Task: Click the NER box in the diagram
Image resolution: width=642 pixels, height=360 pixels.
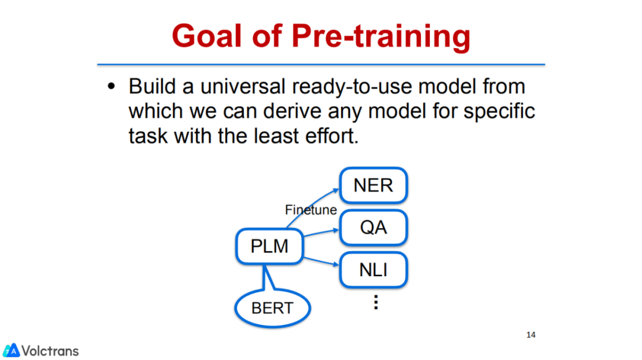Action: (373, 185)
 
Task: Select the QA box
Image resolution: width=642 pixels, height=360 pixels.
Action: (373, 228)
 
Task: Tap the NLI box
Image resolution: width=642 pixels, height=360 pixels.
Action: (373, 270)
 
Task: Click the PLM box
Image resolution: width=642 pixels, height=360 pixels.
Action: (269, 247)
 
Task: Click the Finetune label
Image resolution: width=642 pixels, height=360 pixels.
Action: (311, 210)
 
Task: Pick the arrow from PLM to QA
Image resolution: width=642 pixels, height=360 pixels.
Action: (322, 233)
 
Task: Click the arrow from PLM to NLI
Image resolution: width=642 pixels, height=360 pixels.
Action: (322, 261)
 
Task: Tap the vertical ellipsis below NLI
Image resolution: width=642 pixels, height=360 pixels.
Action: (376, 302)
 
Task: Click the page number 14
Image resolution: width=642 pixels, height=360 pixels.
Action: (531, 334)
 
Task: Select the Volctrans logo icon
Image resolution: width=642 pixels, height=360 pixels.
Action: (11, 350)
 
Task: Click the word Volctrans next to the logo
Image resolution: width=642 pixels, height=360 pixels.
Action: (50, 351)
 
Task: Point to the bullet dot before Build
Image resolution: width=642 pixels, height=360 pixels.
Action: (111, 86)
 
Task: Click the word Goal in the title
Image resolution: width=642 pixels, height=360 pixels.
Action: (207, 36)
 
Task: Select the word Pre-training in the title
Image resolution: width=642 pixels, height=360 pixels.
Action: (381, 37)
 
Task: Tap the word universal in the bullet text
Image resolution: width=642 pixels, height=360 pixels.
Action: (243, 86)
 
